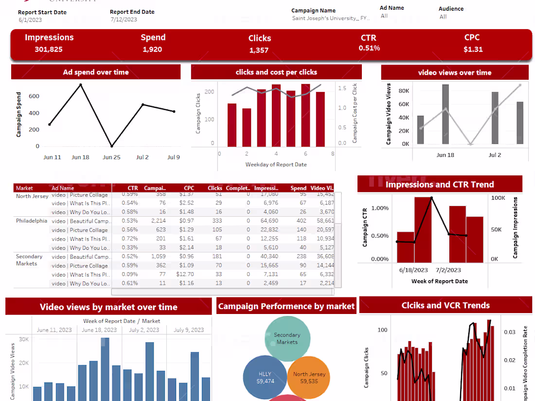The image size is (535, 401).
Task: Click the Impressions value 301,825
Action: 49,49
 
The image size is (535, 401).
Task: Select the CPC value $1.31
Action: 473,49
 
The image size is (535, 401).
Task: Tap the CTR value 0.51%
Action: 369,48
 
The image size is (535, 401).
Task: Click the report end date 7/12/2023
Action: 124,20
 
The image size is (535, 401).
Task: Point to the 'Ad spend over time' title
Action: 96,72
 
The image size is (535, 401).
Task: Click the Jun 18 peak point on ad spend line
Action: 81,85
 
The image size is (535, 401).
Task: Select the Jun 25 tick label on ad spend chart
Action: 111,157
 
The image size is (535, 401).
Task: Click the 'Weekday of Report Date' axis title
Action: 276,164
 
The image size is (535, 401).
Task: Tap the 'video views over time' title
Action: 454,73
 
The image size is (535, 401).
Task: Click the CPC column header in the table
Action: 189,188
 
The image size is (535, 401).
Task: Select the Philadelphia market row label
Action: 32,221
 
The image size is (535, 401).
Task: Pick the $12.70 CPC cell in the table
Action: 185,275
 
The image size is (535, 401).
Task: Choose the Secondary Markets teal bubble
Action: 287,338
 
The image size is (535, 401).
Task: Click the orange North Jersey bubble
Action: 309,378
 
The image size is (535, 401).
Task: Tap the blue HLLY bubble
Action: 265,378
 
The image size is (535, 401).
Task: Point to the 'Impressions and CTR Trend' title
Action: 440,185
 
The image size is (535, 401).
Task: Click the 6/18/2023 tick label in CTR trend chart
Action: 413,270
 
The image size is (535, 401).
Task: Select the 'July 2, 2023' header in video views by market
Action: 143,330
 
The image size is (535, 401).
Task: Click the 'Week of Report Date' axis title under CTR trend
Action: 439,281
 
